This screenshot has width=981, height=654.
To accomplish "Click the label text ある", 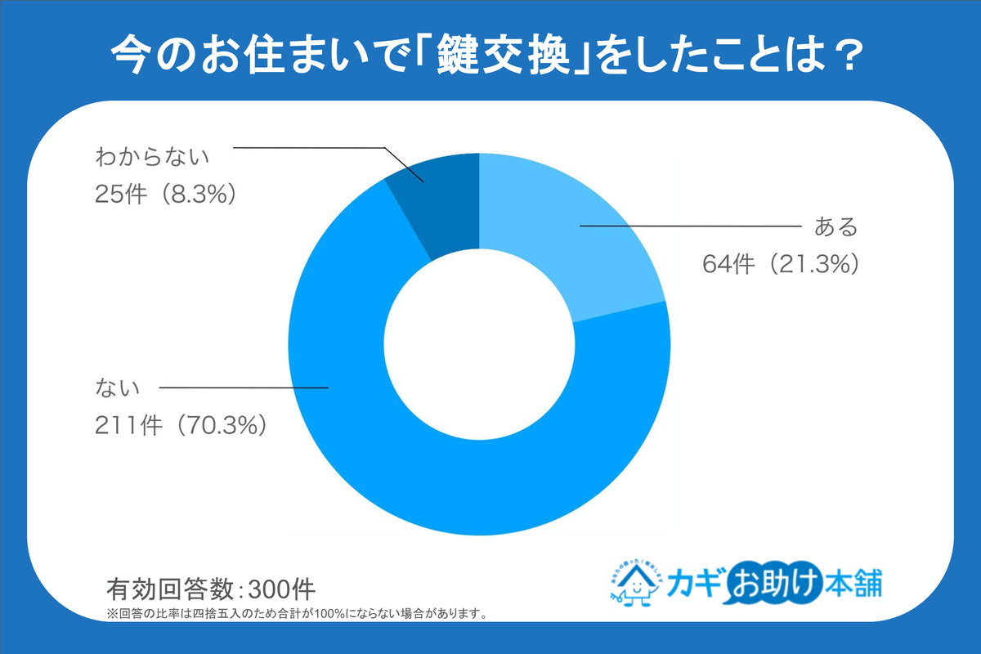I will point(834,226).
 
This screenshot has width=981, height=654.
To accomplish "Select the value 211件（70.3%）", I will point(181,425).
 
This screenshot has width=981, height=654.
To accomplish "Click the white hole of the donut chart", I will point(479,343).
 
